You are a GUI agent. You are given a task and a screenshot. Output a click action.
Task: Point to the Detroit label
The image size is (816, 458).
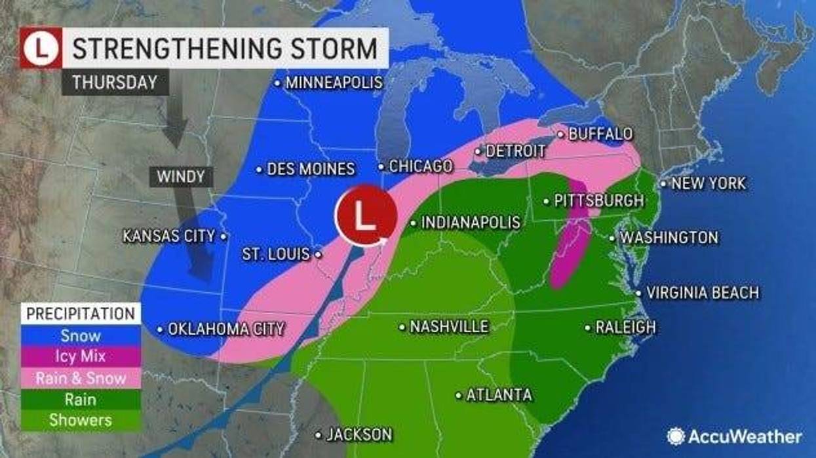click(x=515, y=151)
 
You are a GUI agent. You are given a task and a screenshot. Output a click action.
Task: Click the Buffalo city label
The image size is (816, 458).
click(x=600, y=134)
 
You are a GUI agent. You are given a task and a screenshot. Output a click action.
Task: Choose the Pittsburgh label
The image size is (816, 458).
click(x=598, y=200)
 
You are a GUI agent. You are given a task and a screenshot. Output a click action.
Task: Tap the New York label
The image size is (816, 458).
click(x=708, y=183)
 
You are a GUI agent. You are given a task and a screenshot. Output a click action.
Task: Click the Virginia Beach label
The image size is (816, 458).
click(x=702, y=292)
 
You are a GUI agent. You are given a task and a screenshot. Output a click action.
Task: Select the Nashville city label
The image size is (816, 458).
click(x=448, y=326)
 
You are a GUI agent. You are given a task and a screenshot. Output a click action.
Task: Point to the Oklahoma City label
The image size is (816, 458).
click(x=225, y=329)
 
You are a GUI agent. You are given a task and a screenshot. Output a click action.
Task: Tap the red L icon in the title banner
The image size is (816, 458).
click(x=41, y=48)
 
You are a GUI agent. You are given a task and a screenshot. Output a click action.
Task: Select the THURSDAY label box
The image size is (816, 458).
click(x=115, y=83)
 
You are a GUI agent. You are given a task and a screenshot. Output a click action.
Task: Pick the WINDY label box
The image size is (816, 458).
click(x=180, y=176)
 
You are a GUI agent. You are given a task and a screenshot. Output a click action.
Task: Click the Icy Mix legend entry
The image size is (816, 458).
click(x=81, y=357)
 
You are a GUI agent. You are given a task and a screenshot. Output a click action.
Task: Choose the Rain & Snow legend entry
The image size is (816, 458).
click(x=81, y=378)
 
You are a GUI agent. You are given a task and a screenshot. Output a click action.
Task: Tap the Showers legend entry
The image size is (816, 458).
click(x=81, y=420)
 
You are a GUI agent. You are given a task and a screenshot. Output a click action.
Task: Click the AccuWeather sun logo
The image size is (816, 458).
click(x=676, y=436)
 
